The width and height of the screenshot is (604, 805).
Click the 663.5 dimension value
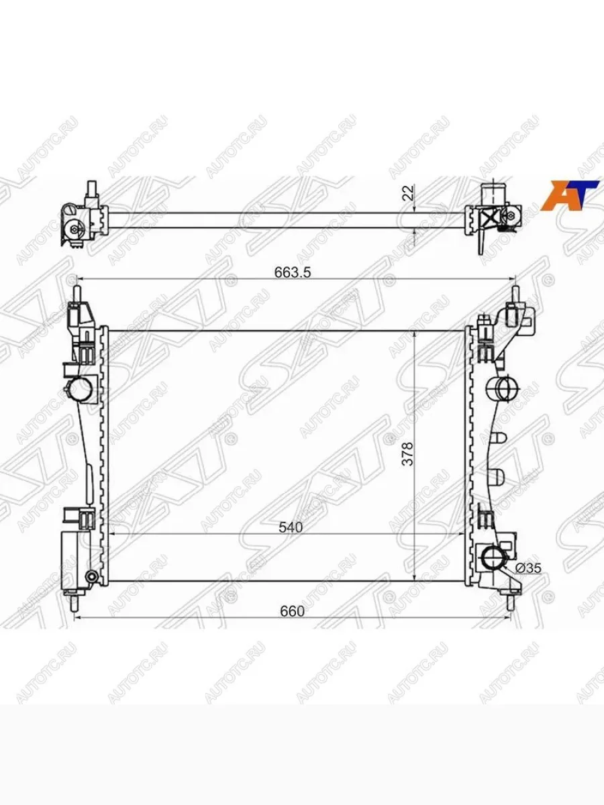coord(293,272)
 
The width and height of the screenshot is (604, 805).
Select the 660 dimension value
coord(293,611)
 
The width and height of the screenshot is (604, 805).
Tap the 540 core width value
coord(291,527)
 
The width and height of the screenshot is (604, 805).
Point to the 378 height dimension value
coord(407,453)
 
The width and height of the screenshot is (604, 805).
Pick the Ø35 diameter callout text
coord(528,568)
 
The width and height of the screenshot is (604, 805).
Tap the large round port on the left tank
coord(81,390)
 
